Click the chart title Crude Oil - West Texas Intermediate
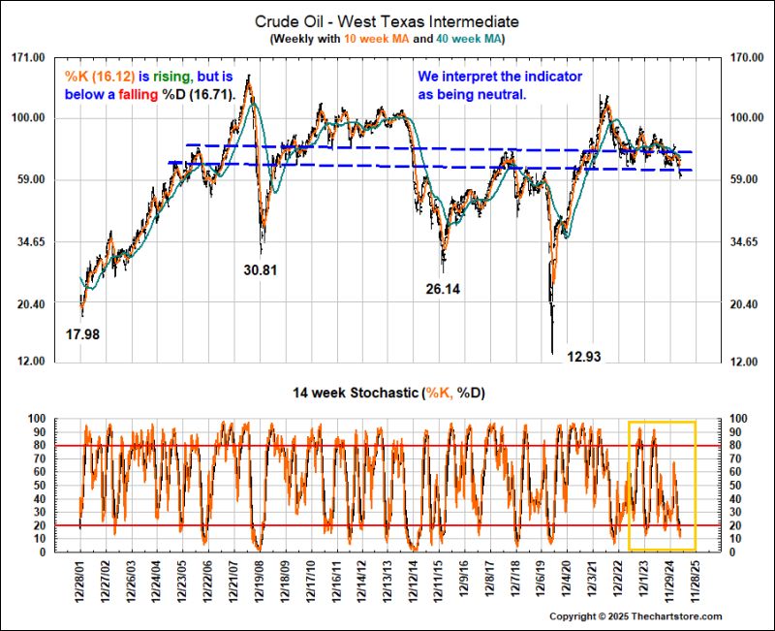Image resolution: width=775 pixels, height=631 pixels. (387, 20)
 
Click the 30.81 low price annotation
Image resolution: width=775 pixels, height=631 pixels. (260, 270)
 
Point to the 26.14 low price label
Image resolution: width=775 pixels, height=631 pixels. (445, 289)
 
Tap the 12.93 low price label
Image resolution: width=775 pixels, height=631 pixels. (584, 357)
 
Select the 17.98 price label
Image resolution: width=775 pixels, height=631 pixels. (83, 334)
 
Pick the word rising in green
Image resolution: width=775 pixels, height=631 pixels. (171, 77)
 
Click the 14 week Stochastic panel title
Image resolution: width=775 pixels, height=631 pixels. (387, 393)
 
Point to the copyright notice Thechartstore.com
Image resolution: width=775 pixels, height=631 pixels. (636, 616)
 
